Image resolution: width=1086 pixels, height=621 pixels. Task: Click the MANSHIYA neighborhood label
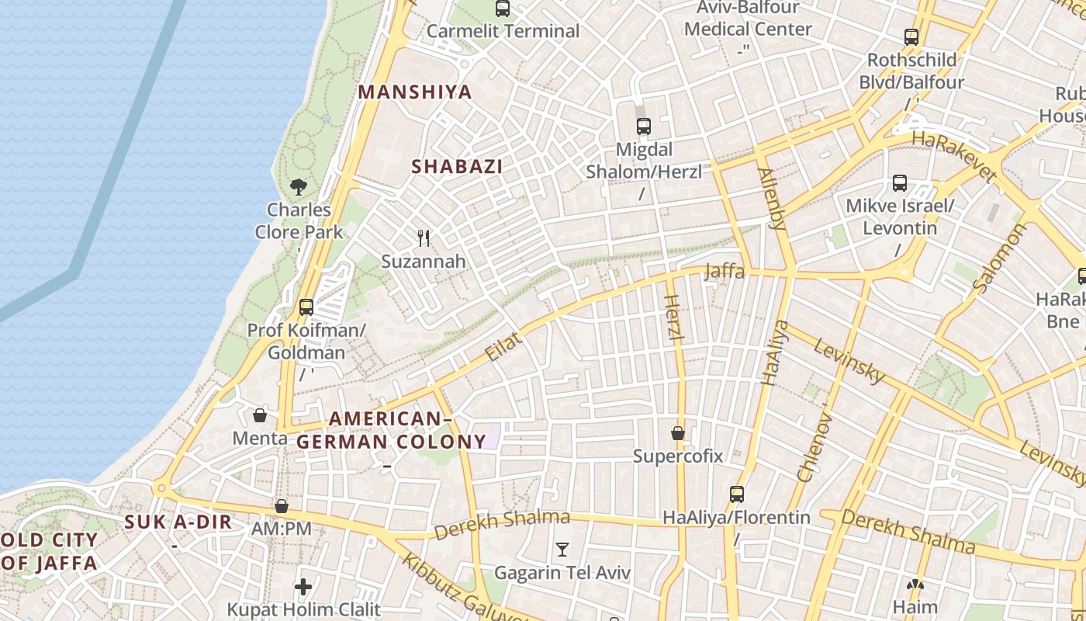tap(415, 92)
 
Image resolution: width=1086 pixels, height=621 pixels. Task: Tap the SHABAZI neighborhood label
tap(457, 166)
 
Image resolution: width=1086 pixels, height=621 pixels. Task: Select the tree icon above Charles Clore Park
tap(299, 186)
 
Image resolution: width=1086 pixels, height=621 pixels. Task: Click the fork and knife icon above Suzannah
tap(424, 238)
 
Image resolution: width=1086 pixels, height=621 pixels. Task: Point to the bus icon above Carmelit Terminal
tap(503, 9)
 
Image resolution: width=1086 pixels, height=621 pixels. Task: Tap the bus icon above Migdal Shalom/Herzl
tap(643, 126)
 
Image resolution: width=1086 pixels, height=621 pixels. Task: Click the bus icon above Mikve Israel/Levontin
tap(900, 183)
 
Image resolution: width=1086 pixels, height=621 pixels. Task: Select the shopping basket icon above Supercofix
tap(678, 433)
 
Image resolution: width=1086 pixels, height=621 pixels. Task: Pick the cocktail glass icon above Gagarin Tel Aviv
tap(562, 550)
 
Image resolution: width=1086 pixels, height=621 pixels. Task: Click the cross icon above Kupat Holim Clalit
tap(303, 587)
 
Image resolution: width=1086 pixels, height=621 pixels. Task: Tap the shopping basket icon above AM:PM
tap(282, 506)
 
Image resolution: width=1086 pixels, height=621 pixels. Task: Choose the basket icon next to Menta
tap(260, 415)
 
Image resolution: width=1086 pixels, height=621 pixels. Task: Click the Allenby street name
tap(772, 199)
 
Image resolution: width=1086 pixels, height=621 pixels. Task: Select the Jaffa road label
tap(725, 272)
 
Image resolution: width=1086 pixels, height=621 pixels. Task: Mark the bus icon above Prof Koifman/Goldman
tap(306, 307)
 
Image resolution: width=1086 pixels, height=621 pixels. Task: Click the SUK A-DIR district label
tap(178, 522)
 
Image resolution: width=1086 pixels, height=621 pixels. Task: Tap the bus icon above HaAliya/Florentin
tap(736, 494)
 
